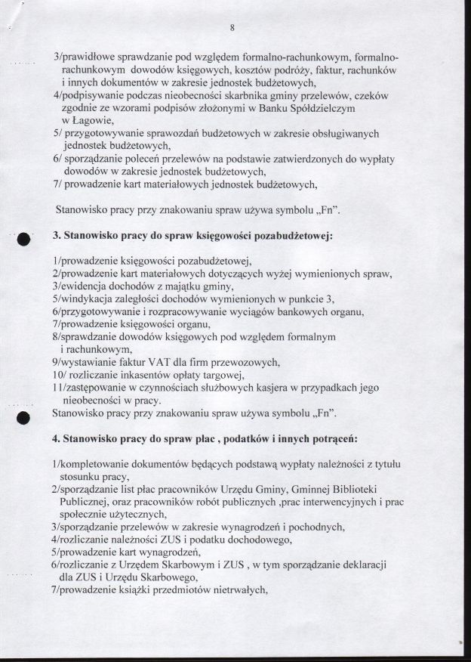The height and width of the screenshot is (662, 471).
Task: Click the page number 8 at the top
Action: (x=233, y=28)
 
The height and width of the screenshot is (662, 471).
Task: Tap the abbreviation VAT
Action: (x=155, y=362)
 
